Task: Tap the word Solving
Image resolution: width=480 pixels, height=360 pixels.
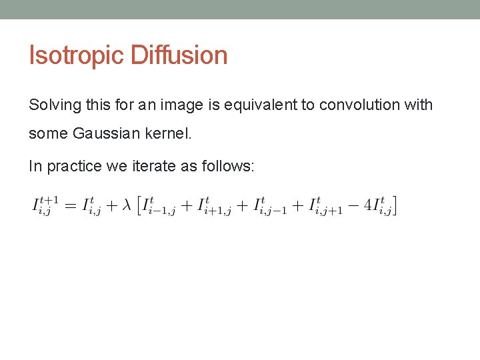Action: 52,105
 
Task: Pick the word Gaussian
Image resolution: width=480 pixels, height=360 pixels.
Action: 106,133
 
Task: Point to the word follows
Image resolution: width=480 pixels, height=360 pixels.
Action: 227,167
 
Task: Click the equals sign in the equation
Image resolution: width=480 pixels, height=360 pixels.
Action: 69,205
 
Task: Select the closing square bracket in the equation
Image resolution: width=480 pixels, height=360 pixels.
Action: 395,205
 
